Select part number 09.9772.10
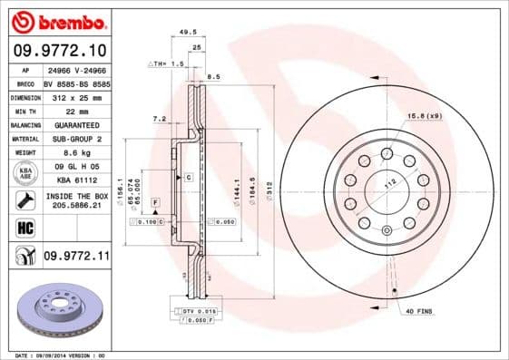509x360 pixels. [x=61, y=51]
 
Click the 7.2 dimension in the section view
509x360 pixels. [x=160, y=119]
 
